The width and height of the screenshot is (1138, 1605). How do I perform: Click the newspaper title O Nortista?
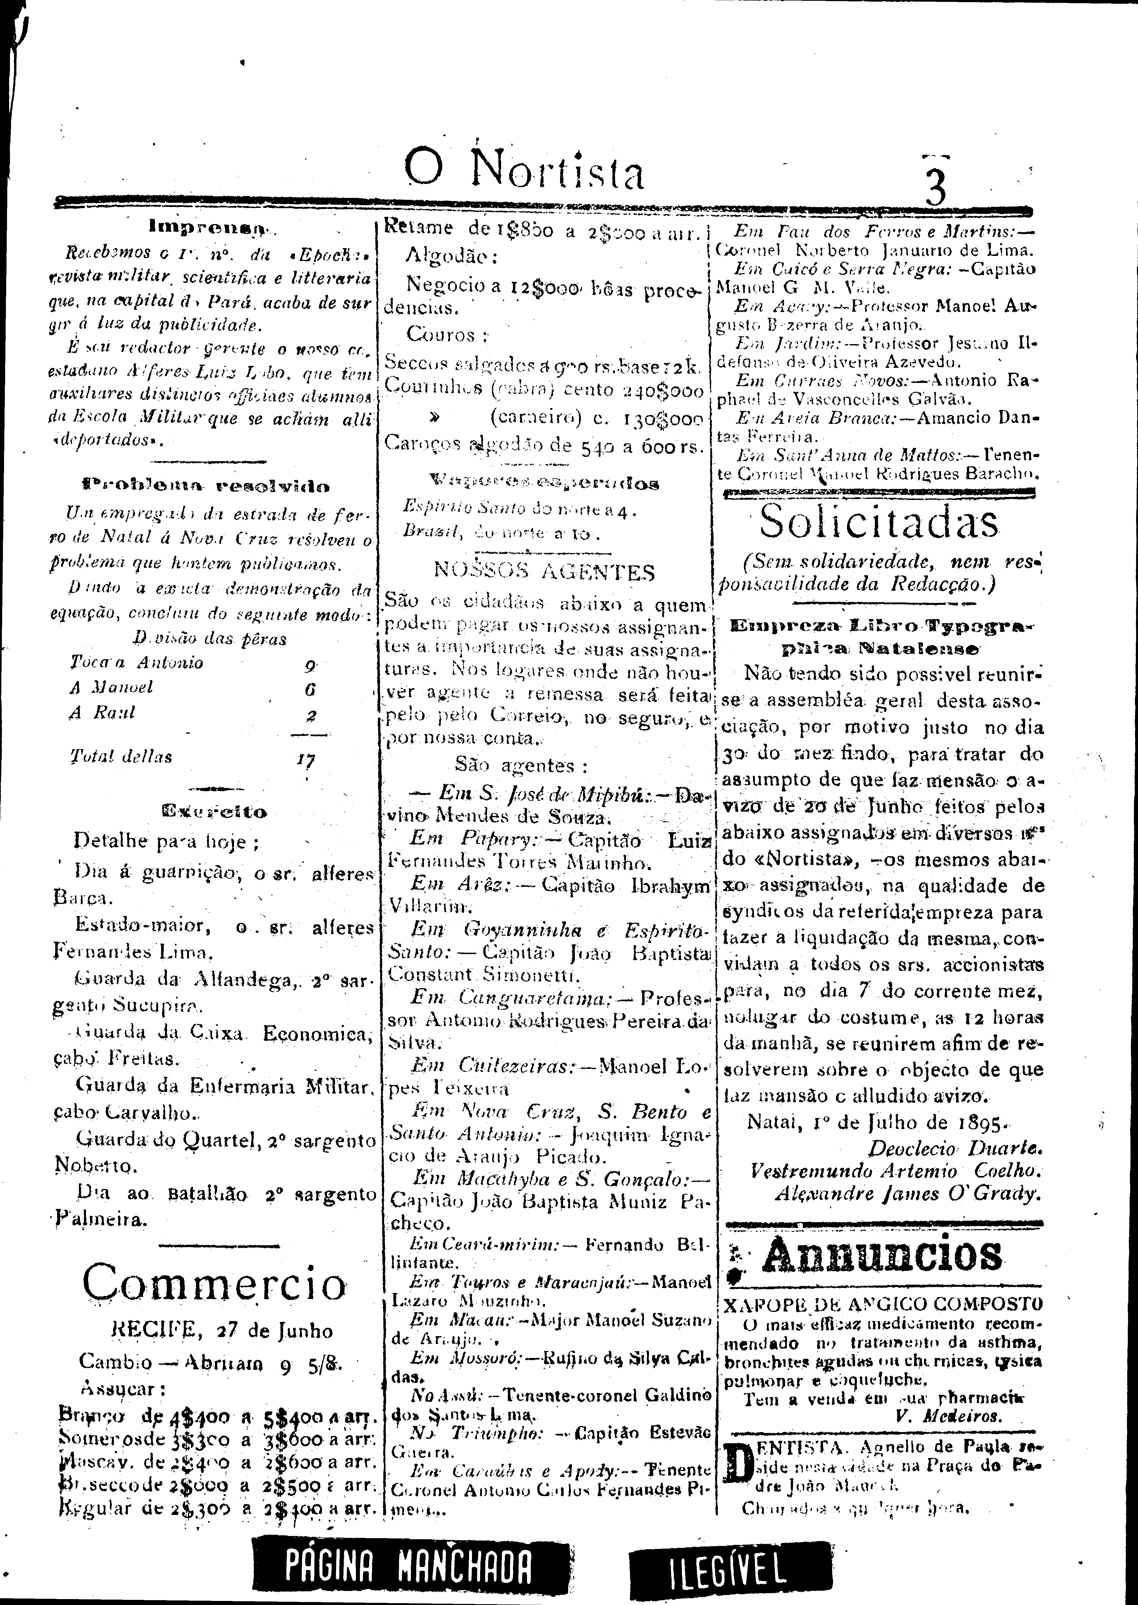click(524, 170)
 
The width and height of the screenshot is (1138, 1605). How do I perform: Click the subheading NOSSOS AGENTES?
click(544, 571)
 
